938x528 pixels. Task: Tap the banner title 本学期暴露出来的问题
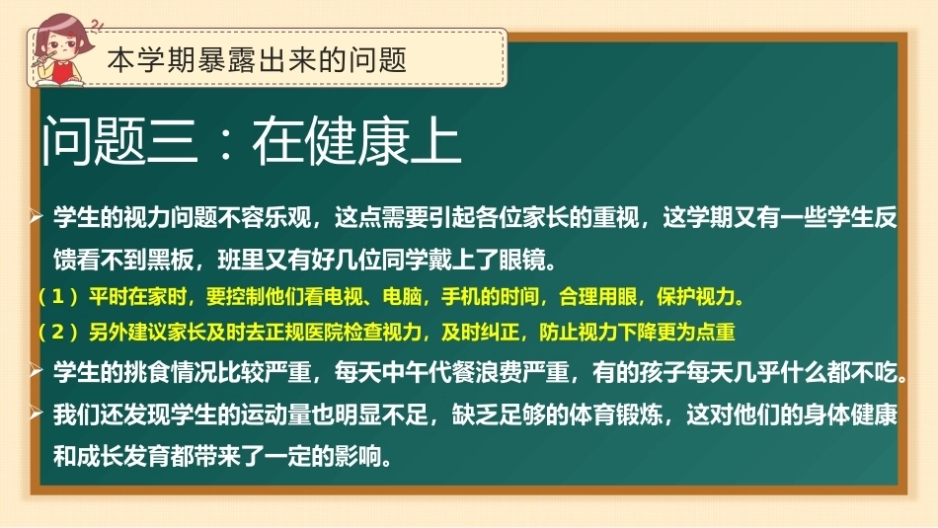[258, 60]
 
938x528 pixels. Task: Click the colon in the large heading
[225, 143]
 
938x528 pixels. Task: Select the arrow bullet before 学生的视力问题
[36, 216]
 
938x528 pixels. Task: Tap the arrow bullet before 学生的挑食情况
[36, 371]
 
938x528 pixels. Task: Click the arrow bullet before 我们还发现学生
[36, 414]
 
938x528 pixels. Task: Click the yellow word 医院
[324, 332]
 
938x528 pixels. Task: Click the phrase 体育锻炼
[615, 415]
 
